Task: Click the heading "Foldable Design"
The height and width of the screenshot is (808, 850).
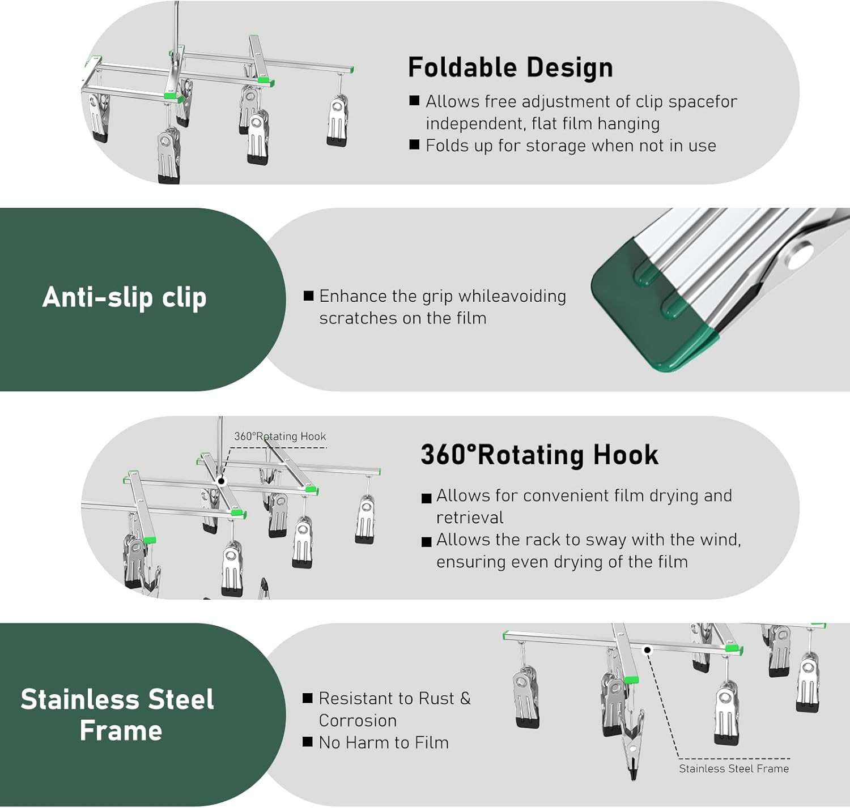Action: tap(510, 67)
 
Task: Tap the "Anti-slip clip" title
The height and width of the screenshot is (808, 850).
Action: tap(124, 297)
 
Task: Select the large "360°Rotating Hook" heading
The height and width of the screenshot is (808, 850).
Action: tap(539, 455)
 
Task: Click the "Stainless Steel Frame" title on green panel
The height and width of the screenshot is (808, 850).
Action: tap(117, 715)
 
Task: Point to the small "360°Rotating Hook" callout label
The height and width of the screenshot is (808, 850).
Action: tap(280, 436)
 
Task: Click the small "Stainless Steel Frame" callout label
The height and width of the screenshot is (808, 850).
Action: tap(733, 768)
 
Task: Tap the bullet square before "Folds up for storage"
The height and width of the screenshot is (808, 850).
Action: tap(414, 145)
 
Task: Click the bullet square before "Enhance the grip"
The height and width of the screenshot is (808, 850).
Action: tap(308, 296)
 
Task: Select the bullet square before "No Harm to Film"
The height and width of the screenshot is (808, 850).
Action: tap(308, 742)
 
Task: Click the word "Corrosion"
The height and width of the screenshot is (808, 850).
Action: tap(358, 720)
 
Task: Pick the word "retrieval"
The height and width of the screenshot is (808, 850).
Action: tap(470, 518)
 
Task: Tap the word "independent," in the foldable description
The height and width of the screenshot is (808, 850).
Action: tap(476, 123)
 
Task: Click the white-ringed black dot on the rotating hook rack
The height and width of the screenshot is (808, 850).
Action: tap(222, 481)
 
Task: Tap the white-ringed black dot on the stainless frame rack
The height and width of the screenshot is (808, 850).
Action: tap(647, 650)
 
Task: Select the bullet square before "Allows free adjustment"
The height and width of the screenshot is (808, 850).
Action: tap(414, 101)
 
